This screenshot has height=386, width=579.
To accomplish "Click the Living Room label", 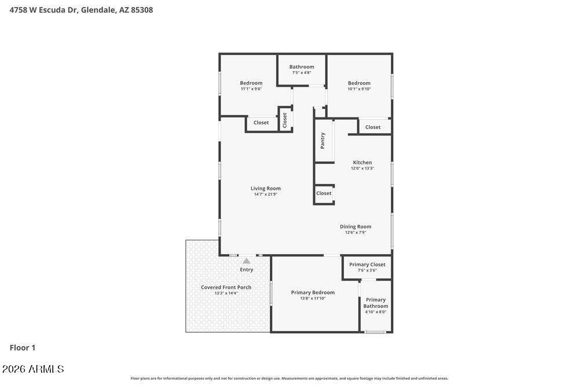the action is pos(266,188).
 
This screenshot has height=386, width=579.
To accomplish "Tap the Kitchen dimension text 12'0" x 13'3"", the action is pos(362,168).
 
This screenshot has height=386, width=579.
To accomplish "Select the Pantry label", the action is pos(323,141).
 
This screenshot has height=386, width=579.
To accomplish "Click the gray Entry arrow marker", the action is pos(246,261).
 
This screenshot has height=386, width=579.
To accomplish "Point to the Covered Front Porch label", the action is pos(226,287).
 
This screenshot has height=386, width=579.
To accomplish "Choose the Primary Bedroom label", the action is pos(313,292).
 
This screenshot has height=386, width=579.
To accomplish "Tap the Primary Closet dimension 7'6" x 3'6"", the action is pos(367,270).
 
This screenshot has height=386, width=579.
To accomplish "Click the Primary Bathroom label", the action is pos(376,303).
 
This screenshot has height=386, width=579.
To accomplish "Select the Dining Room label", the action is pos(356,227).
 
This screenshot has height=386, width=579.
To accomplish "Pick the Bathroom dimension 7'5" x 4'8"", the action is pos(302,73).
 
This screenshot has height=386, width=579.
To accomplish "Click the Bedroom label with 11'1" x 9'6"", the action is pos(251,83).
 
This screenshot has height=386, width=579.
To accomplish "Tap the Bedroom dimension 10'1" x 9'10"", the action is pos(359,89).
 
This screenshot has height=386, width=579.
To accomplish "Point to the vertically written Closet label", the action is pos(285,120).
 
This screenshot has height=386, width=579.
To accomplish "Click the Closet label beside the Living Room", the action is pos(324,193).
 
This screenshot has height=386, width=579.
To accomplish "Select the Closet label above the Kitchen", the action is pos(372,127).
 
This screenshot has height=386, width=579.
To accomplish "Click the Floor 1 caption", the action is pos(23,348).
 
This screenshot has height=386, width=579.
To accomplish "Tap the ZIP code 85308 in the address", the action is pos(142,10).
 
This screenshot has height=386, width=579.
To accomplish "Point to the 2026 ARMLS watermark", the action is pos(33,369).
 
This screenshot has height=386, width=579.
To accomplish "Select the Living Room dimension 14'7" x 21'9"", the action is pos(266,194).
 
